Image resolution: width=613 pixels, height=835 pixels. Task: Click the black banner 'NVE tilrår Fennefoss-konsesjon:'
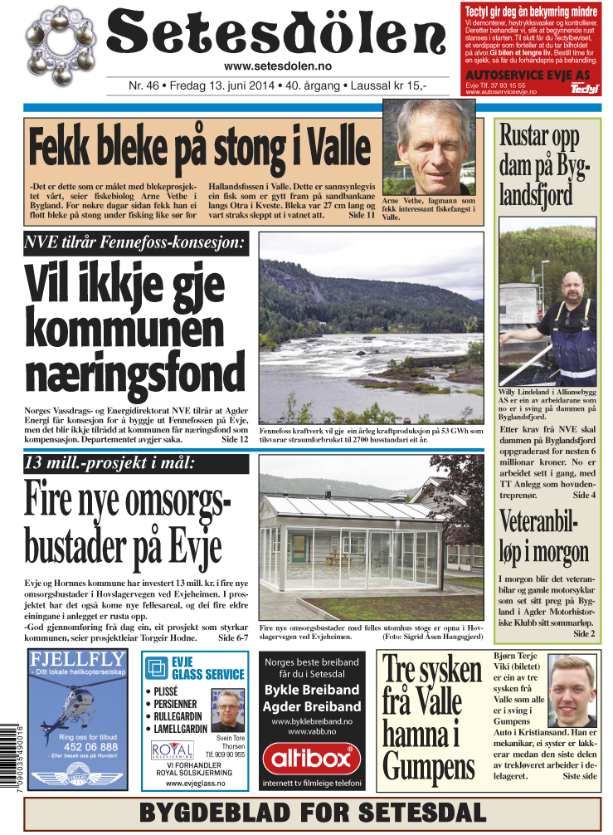[136, 243]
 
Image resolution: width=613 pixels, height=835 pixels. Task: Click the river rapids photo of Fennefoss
[371, 327]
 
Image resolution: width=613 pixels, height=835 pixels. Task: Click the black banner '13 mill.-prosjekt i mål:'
[111, 463]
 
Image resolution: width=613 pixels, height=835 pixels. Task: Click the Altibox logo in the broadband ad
[312, 758]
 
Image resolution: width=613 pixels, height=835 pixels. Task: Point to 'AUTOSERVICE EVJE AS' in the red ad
[528, 75]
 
